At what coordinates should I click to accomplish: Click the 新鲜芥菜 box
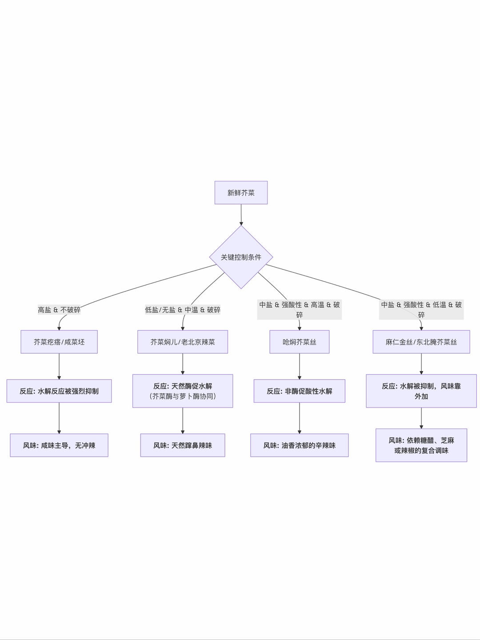(241, 192)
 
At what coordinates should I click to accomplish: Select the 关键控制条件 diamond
(241, 257)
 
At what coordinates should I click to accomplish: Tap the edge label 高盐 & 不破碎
(59, 310)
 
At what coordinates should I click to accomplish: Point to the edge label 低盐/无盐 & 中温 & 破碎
(183, 310)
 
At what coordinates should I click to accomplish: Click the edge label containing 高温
(300, 309)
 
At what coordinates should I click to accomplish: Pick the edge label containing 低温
(421, 309)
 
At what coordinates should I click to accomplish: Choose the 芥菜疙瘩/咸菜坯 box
(59, 342)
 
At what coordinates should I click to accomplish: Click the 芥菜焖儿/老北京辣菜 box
(183, 342)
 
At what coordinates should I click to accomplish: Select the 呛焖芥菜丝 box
(300, 342)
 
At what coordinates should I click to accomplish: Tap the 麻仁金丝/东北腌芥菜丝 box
(421, 342)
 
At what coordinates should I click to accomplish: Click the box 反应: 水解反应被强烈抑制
(59, 391)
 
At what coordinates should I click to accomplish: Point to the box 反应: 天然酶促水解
(183, 391)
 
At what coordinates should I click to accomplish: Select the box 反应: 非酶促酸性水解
(300, 391)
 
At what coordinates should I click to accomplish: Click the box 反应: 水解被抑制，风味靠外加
(421, 391)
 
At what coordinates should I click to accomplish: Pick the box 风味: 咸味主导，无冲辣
(59, 445)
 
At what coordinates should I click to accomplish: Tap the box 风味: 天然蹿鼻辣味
(183, 445)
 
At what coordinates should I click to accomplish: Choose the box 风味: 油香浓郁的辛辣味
(300, 445)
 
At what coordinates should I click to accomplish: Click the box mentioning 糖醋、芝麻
(421, 445)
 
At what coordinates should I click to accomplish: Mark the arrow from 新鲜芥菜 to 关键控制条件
(241, 215)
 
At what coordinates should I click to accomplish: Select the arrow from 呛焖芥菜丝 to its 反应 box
(300, 367)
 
